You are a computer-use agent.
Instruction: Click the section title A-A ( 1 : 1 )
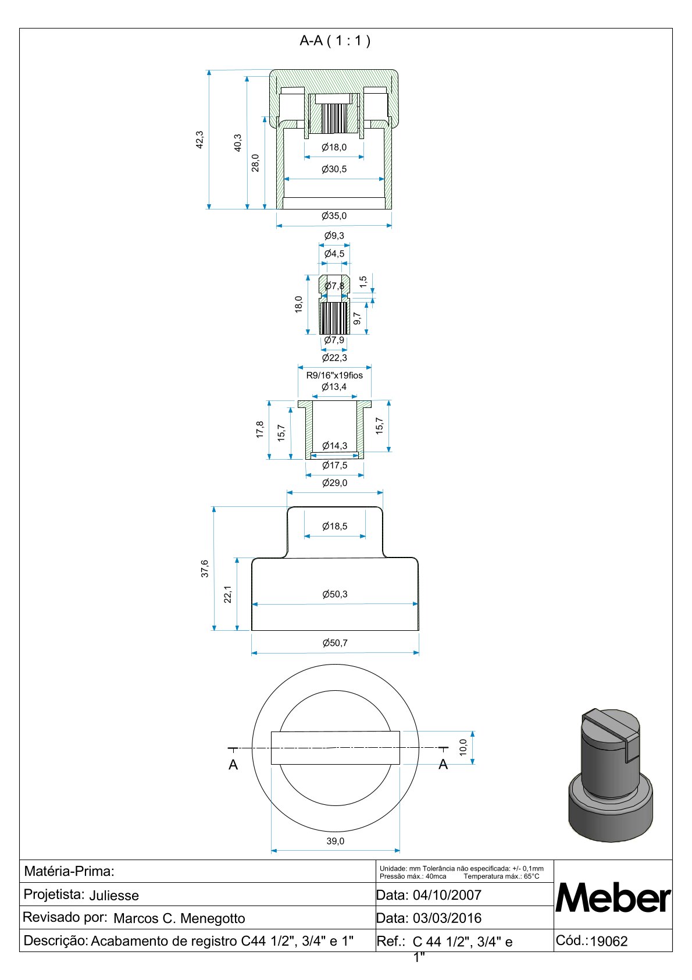point(335,41)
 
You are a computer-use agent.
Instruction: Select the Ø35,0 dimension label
point(334,216)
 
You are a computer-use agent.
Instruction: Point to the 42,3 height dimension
point(200,140)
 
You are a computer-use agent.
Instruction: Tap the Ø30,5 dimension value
point(334,169)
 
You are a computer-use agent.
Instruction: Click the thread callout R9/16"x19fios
point(334,375)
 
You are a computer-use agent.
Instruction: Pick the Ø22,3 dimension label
point(334,358)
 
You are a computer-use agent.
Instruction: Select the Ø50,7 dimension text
point(335,643)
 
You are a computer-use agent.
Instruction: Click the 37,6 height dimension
point(205,569)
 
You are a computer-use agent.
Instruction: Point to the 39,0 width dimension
point(335,841)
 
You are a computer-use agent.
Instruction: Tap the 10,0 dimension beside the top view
point(463,747)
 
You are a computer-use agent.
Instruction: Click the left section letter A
point(233,765)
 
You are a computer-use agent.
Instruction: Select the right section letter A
point(443,764)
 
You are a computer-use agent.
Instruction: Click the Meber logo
point(613,898)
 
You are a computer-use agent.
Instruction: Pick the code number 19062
point(609,942)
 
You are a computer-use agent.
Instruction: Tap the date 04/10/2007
point(447,895)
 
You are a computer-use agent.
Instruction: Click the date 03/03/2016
point(447,918)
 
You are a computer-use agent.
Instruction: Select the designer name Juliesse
point(114,896)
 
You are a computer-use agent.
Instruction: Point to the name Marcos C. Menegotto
point(179,918)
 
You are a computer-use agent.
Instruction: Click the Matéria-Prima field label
point(69,871)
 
